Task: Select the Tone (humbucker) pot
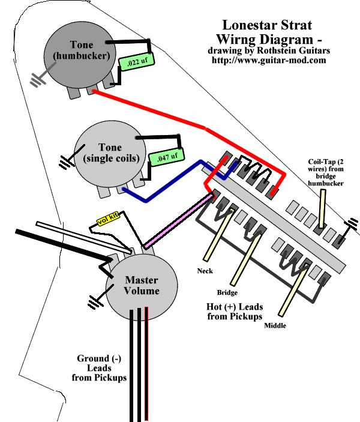[82, 52]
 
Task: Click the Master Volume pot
[142, 285]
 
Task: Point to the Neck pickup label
[205, 271]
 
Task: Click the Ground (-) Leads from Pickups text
[100, 369]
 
